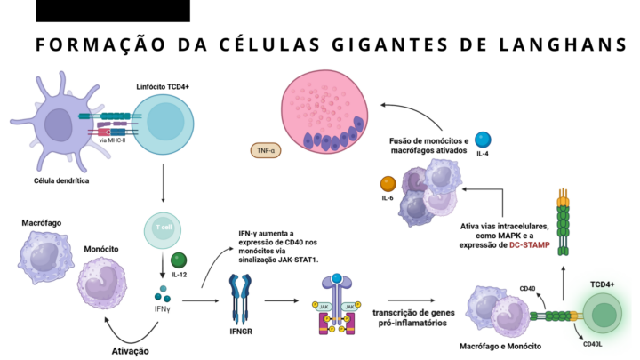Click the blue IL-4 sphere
pyautogui.click(x=484, y=140)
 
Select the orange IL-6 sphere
pyautogui.click(x=388, y=184)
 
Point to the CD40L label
pyautogui.click(x=594, y=342)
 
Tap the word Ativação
pyautogui.click(x=130, y=349)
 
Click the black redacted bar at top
pyautogui.click(x=113, y=11)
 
